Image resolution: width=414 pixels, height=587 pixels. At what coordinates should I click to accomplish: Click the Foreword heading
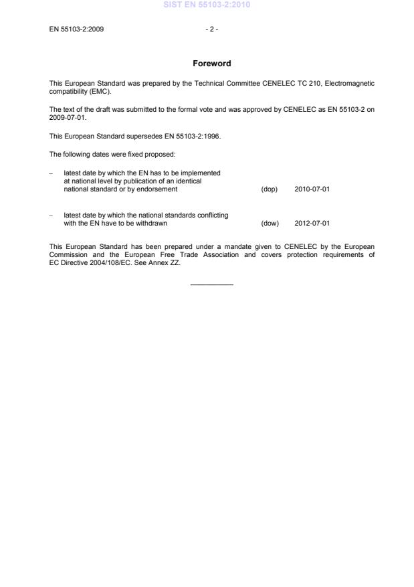click(211, 64)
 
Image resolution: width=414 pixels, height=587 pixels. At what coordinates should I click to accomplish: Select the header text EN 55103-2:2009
click(76, 29)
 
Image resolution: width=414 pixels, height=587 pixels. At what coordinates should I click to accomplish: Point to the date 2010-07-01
click(312, 189)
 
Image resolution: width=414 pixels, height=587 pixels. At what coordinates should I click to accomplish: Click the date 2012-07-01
click(312, 224)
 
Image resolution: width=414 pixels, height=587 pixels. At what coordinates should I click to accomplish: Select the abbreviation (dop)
click(269, 189)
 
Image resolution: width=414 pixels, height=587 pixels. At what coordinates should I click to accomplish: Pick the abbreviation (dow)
click(269, 224)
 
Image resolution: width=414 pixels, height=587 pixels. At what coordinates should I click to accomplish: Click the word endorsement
click(159, 189)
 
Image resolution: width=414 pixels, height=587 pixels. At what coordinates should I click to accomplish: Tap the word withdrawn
click(152, 224)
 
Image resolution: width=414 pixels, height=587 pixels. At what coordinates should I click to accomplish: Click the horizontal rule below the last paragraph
click(211, 285)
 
